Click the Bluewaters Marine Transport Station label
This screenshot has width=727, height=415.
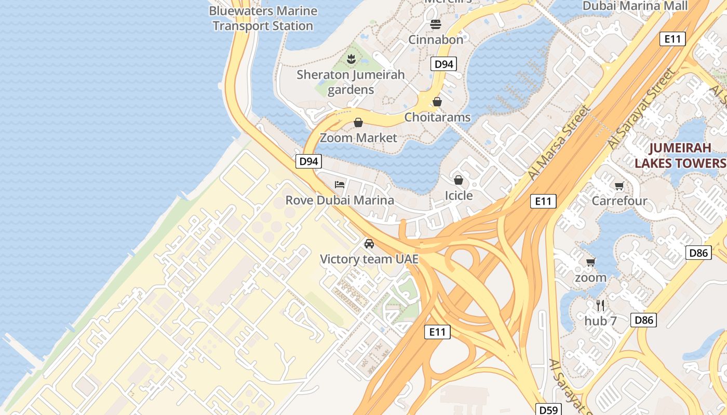click(x=263, y=18)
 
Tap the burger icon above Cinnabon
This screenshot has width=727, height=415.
click(x=435, y=24)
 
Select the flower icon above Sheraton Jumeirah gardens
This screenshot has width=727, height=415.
click(x=351, y=59)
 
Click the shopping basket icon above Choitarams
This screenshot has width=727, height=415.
click(x=437, y=102)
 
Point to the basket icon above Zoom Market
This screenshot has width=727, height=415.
click(x=358, y=122)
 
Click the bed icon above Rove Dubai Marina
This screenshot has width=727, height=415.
click(x=340, y=184)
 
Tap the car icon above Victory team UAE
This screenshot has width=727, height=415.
click(x=369, y=243)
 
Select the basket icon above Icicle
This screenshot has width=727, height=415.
click(x=458, y=180)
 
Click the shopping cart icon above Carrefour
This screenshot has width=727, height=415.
click(x=619, y=186)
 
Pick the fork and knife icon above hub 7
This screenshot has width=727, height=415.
click(x=600, y=306)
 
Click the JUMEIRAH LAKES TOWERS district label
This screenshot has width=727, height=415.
click(x=680, y=156)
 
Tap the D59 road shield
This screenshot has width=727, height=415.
click(x=548, y=410)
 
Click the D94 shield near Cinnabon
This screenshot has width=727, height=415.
click(x=444, y=64)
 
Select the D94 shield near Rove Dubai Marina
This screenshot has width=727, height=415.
click(x=308, y=161)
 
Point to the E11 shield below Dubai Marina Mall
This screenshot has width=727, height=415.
click(x=672, y=39)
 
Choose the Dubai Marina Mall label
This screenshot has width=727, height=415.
click(x=635, y=6)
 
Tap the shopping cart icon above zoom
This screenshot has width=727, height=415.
click(x=590, y=262)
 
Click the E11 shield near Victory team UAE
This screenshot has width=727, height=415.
click(x=437, y=332)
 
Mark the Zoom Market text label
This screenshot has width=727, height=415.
click(x=358, y=138)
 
